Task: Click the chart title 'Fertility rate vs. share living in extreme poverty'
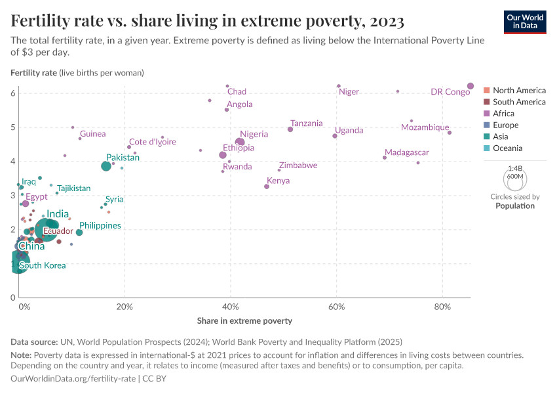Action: pyautogui.click(x=207, y=21)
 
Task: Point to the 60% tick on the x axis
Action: pyautogui.click(x=337, y=306)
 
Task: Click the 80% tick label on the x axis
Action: pyautogui.click(x=443, y=306)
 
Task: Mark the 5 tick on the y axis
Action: pyautogui.click(x=12, y=127)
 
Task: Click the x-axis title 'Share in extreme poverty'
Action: pyautogui.click(x=244, y=321)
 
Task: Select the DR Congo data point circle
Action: pyautogui.click(x=471, y=86)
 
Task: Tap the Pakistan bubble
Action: pyautogui.click(x=106, y=166)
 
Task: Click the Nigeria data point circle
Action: pyautogui.click(x=240, y=142)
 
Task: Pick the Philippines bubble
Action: pyautogui.click(x=79, y=232)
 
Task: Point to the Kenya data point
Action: pyautogui.click(x=267, y=186)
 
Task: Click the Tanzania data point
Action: pyautogui.click(x=290, y=129)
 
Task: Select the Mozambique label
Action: pyautogui.click(x=425, y=127)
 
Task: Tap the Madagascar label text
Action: pyautogui.click(x=406, y=152)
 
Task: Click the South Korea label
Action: pyautogui.click(x=42, y=265)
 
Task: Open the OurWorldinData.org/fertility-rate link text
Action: pyautogui.click(x=73, y=379)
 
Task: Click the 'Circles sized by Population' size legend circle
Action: pyautogui.click(x=515, y=179)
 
